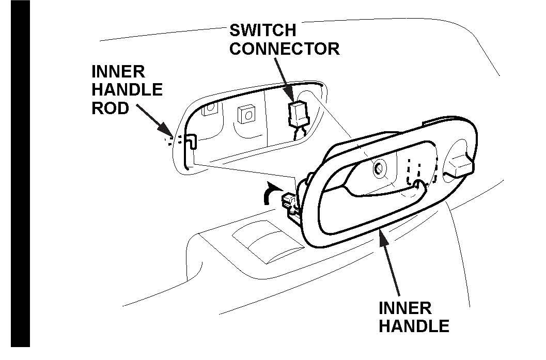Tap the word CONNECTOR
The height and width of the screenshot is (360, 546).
[x=285, y=49]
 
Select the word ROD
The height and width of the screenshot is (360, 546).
[x=110, y=109]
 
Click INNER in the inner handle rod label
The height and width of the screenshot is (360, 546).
[x=118, y=71]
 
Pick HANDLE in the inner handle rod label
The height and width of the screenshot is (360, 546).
[x=127, y=90]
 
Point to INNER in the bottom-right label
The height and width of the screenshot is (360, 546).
[x=405, y=308]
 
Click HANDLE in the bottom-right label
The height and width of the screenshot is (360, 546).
[x=414, y=326]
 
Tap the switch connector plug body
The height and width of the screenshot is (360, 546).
[x=297, y=113]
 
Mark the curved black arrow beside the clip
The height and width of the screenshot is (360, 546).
[x=269, y=195]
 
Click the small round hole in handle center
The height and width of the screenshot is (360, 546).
[x=378, y=167]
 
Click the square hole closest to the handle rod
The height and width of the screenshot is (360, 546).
[x=210, y=109]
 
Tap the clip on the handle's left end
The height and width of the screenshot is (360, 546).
[x=289, y=200]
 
